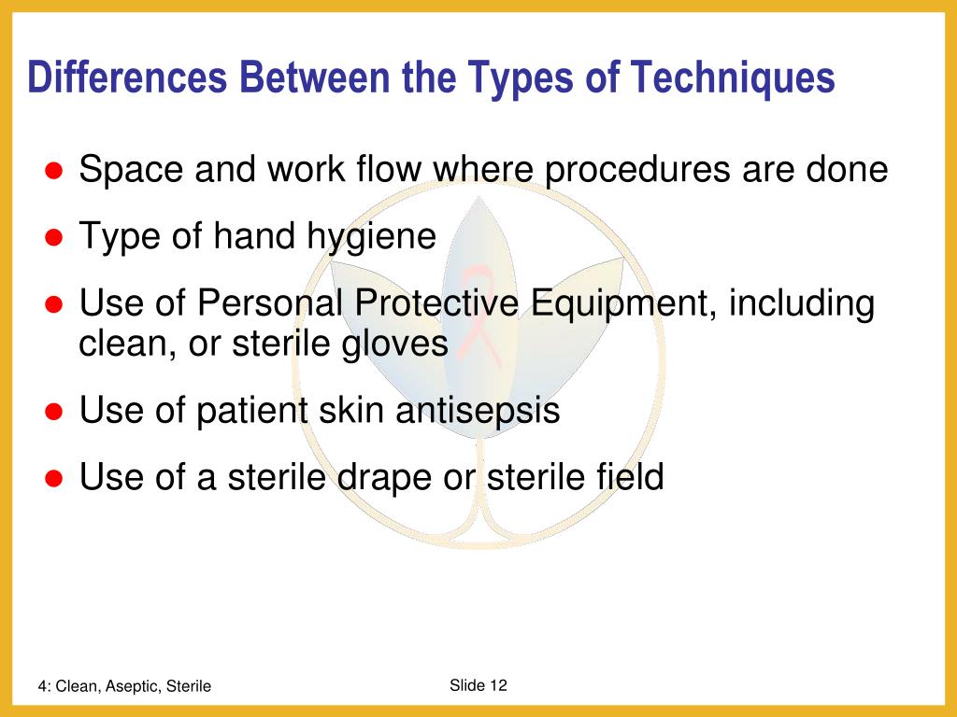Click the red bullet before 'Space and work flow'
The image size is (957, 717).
click(x=54, y=172)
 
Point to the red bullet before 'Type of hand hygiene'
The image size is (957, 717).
click(x=54, y=238)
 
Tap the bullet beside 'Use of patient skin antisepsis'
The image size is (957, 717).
click(x=54, y=412)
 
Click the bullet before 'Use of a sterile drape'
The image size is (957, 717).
click(x=54, y=478)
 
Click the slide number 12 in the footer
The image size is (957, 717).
click(x=497, y=685)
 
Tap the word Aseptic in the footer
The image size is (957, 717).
click(x=131, y=686)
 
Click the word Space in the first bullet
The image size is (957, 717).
click(x=132, y=171)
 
